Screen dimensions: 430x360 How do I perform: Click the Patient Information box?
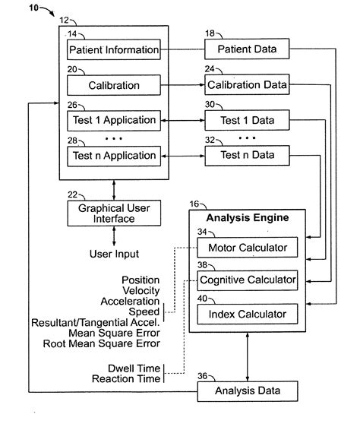tap(113, 50)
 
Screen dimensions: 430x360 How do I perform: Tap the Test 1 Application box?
tap(113, 120)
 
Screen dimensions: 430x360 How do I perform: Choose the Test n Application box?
tap(113, 156)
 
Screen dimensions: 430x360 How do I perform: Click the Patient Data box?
tap(248, 50)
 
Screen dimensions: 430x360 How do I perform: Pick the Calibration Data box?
tap(248, 85)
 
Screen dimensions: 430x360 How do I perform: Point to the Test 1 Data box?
tap(248, 120)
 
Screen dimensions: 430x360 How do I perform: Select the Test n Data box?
tap(248, 156)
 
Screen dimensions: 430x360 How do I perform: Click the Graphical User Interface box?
tap(112, 213)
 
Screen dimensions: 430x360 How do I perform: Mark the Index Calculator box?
tap(246, 315)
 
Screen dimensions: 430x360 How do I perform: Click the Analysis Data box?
tap(248, 392)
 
